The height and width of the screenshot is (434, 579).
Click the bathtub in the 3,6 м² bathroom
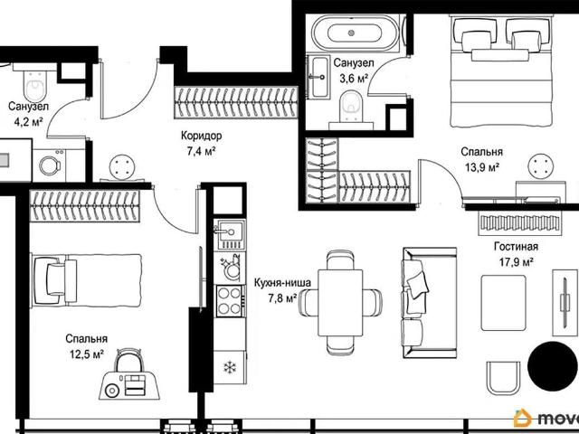tap(356, 33)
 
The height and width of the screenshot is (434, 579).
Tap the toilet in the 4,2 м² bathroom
tap(35, 86)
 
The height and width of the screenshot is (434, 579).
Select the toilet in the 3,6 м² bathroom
tap(351, 107)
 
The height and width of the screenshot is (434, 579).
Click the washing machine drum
tap(50, 165)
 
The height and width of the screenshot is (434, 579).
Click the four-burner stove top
tap(230, 301)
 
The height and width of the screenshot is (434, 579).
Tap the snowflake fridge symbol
tap(230, 367)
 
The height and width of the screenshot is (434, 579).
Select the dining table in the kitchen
tap(340, 303)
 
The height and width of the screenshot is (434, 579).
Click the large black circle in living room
tap(553, 366)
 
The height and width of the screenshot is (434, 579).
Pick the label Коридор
tap(201, 136)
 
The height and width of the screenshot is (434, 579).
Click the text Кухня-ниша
tap(282, 283)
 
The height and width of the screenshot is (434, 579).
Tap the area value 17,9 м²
tap(517, 262)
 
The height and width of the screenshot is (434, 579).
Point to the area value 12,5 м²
tap(87, 354)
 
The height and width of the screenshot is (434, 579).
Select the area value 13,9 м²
tap(482, 168)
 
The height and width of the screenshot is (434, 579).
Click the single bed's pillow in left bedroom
tap(56, 280)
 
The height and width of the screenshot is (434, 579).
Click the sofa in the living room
tap(430, 303)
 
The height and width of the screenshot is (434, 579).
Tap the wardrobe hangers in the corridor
tap(236, 102)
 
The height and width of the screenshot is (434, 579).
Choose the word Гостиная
tap(516, 247)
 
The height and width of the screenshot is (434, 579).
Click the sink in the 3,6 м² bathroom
tap(318, 77)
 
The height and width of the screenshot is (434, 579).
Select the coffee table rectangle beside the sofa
tap(503, 303)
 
